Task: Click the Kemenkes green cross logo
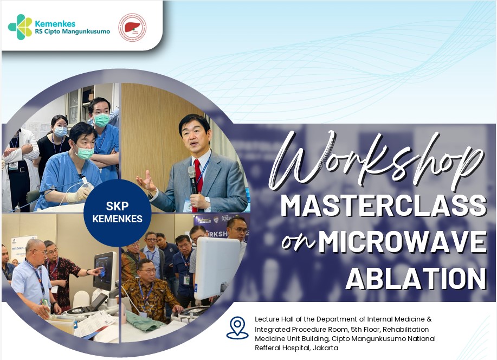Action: [20, 27]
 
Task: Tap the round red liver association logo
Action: [132, 27]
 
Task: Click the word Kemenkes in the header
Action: [55, 24]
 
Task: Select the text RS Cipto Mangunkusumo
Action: [73, 32]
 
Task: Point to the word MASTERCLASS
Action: [384, 206]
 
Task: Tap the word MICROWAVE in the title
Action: [403, 242]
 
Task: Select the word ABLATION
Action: [416, 278]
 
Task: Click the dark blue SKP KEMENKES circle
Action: [117, 213]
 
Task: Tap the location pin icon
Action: [237, 327]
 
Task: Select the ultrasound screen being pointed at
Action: [104, 269]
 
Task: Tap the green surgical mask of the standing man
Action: [101, 120]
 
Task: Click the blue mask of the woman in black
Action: [61, 131]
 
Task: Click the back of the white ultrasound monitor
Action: [217, 268]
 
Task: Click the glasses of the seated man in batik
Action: [147, 272]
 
